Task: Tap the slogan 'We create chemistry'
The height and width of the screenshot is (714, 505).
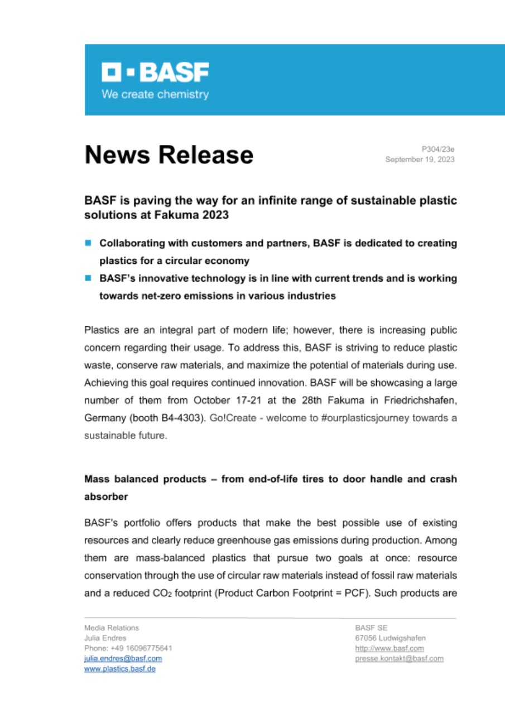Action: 155,94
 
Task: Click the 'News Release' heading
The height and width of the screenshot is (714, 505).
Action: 169,155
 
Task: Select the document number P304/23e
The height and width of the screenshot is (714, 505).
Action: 438,149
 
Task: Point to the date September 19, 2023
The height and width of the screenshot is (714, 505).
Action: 420,160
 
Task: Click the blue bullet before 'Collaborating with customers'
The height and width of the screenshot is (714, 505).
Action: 88,244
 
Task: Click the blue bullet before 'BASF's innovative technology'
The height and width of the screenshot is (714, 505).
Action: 88,278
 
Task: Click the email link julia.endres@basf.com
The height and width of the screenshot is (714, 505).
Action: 123,659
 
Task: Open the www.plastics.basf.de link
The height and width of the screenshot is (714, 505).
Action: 119,669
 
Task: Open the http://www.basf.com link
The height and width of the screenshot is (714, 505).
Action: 389,648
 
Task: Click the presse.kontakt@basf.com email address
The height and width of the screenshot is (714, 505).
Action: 399,659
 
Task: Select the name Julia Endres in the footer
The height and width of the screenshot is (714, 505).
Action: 105,638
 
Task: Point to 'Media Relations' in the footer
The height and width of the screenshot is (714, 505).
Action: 111,628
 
